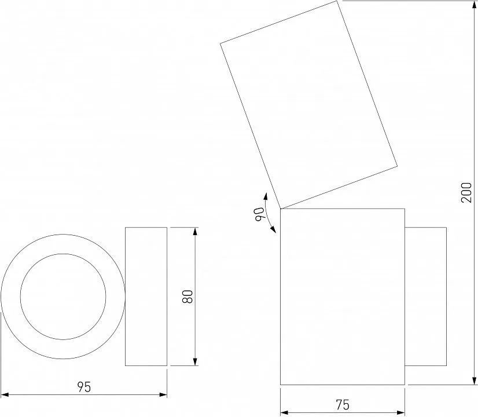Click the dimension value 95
[84, 387]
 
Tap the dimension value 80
[187, 297]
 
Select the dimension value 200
[466, 192]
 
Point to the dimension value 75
[343, 405]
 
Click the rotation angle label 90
[259, 214]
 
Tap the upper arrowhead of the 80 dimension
[195, 231]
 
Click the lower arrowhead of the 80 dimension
[195, 362]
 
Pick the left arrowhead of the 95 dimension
[5, 395]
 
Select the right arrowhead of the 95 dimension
[163, 395]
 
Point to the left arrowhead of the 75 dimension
[284, 413]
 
